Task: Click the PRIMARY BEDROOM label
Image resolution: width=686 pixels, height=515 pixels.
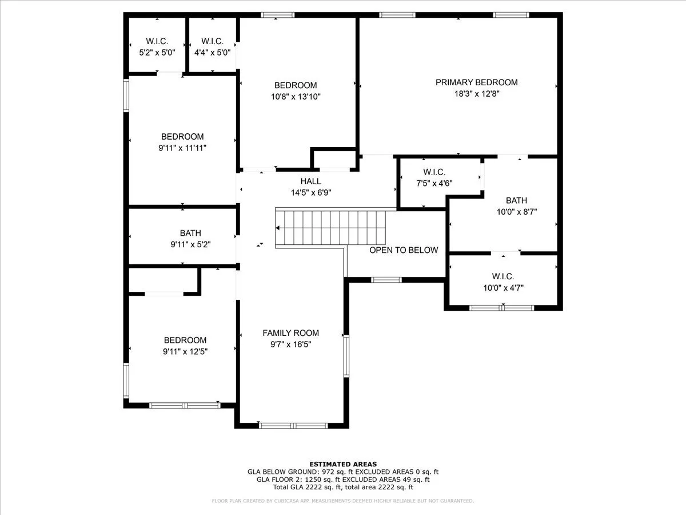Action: pos(476,82)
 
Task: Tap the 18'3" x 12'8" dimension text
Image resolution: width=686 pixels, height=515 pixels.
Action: pos(477,93)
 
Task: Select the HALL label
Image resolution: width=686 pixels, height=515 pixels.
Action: pos(310,181)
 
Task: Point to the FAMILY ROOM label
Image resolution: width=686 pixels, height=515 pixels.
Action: pos(290,333)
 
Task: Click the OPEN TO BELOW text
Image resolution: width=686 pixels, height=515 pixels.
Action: pos(404,250)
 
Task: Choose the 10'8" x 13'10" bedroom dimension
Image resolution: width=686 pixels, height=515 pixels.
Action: pos(296,97)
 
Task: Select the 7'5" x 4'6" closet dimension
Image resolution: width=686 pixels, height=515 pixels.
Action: pos(434,183)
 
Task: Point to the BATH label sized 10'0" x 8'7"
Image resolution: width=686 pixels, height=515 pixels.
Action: pos(516,200)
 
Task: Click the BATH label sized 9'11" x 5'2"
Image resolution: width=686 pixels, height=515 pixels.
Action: pos(190,233)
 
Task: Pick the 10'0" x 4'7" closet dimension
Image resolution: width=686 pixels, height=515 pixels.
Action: pos(503,288)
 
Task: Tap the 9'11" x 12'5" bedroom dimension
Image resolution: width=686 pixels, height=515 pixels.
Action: pos(185,351)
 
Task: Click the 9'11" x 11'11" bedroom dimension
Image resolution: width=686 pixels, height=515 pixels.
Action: pos(182,148)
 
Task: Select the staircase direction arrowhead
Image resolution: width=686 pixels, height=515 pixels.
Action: pos(277,228)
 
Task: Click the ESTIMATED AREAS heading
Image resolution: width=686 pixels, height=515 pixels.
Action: pos(343,464)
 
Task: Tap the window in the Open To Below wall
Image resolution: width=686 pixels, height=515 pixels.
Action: pos(386,280)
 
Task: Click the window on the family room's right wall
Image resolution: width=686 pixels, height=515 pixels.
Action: pos(346,356)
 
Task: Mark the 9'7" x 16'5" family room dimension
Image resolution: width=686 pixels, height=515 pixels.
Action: pos(290,344)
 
